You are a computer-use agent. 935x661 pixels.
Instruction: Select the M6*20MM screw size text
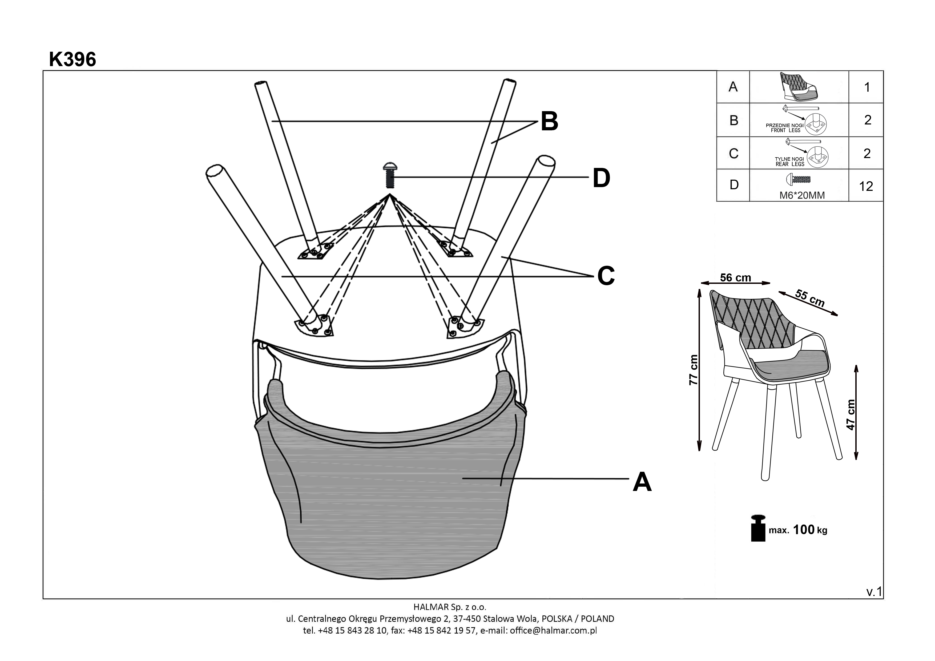coord(802,195)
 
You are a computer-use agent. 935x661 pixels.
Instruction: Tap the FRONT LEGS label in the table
coord(785,130)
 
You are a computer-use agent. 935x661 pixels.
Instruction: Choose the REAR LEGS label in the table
coord(790,164)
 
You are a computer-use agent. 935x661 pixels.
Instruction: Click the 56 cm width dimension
coord(735,278)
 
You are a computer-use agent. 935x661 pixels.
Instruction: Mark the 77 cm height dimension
coord(694,370)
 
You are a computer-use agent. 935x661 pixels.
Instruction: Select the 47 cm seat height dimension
coord(851,415)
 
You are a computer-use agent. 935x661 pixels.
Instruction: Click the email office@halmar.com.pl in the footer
coord(553,631)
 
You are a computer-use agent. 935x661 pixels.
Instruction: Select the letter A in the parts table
coord(733,87)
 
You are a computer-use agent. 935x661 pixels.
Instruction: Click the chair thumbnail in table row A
coord(799,87)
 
